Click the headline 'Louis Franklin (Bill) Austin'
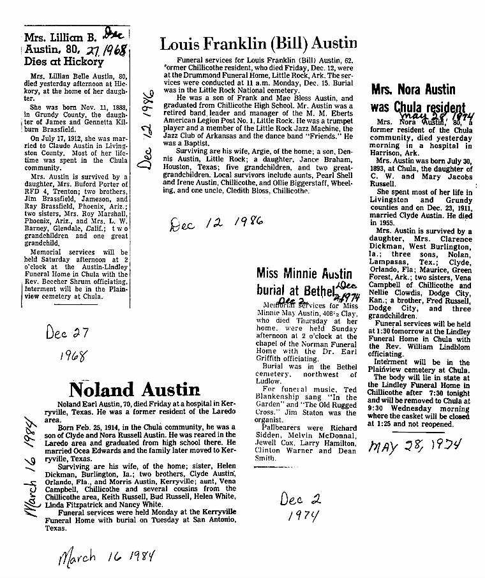click(x=258, y=43)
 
